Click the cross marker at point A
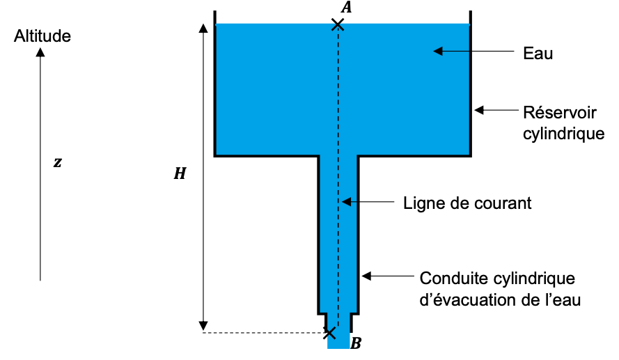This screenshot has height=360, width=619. (338, 24)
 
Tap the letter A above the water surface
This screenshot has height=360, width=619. (346, 8)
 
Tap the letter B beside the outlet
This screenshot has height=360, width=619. (356, 343)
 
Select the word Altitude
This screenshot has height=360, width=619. (42, 36)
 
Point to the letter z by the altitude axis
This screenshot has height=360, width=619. (58, 162)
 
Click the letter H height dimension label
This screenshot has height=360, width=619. (180, 174)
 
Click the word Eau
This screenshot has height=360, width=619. (538, 53)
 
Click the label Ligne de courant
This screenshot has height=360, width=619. (467, 203)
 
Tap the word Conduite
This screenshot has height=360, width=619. (449, 279)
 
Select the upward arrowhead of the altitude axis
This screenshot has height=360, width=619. (40, 51)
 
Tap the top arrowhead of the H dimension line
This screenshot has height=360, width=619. (203, 28)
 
